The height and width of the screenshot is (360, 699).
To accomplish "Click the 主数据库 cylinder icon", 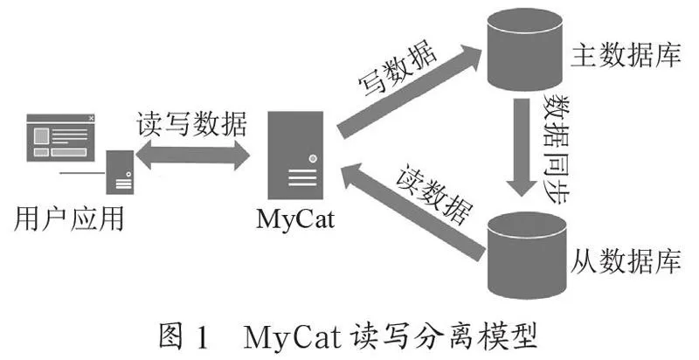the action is click(524, 50).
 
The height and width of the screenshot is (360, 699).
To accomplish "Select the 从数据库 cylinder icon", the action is click(527, 255).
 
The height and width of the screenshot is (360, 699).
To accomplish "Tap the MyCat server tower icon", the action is click(295, 155).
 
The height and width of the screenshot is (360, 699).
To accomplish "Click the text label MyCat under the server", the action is click(295, 218).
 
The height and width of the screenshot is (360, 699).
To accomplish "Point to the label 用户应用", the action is click(69, 218).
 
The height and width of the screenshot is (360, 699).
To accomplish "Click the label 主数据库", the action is click(626, 55).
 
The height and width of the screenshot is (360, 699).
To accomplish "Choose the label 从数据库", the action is click(626, 260).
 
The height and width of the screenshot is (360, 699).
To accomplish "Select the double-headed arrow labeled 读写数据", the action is click(192, 155).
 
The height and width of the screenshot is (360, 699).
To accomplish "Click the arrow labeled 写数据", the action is click(409, 92).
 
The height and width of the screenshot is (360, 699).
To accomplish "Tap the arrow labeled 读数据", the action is click(412, 211).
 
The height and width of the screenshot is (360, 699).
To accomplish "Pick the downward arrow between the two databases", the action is click(522, 147).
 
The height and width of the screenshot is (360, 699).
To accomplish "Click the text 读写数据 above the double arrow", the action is click(191, 123).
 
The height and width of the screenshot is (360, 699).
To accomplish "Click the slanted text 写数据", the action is click(398, 68).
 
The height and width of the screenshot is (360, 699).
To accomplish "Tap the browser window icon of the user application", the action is click(61, 138).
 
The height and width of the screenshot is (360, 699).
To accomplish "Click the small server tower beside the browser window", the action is click(120, 172).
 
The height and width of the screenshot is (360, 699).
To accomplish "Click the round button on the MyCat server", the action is click(313, 158).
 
